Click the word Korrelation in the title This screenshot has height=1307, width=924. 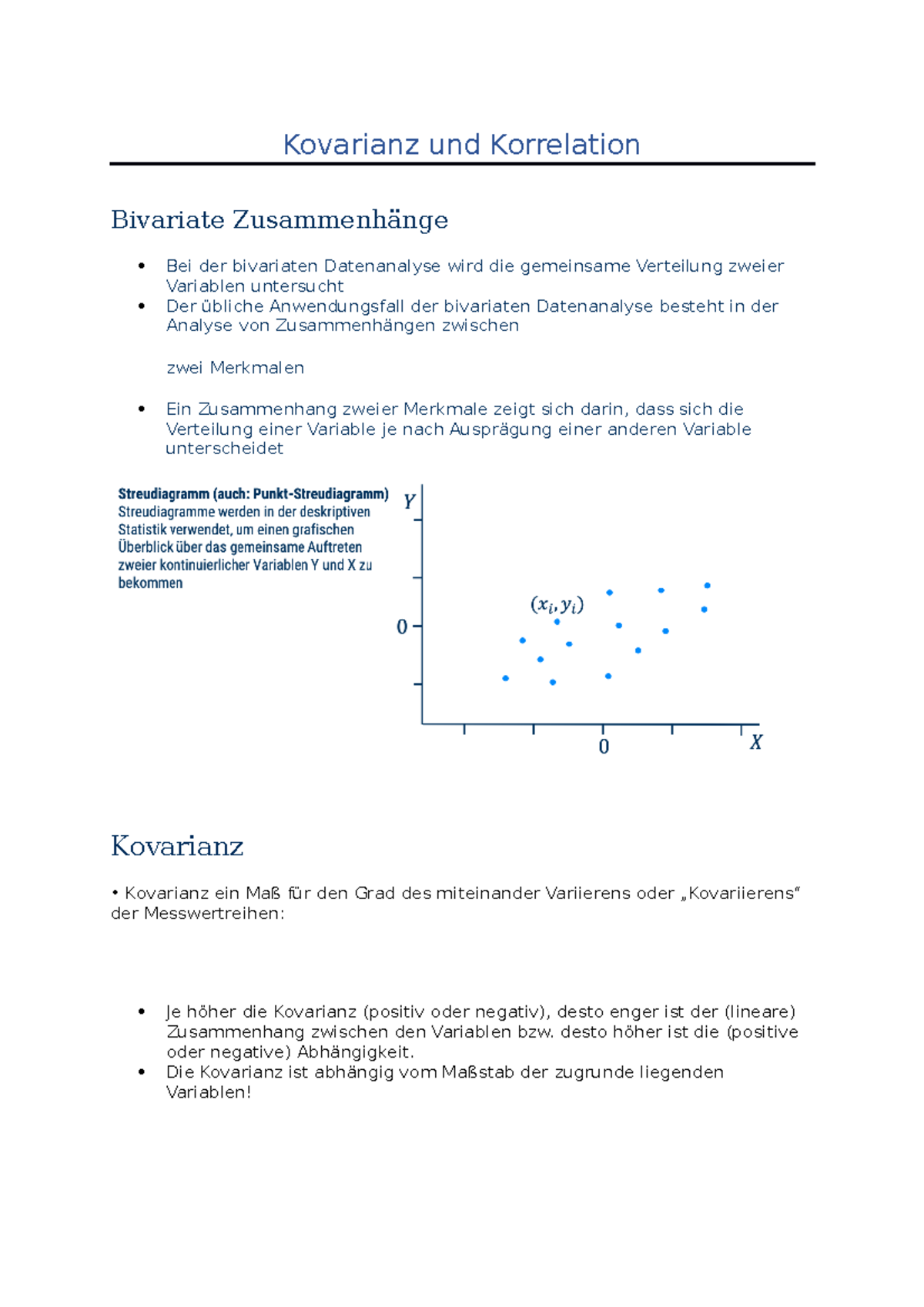(564, 145)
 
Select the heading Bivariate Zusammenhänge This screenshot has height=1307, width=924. (279, 220)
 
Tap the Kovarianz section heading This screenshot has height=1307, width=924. (177, 846)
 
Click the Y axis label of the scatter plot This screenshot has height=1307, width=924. (409, 502)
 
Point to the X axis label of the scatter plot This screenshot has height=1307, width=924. (756, 743)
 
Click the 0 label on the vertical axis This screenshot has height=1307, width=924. (402, 627)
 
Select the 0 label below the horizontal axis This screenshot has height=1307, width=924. (604, 747)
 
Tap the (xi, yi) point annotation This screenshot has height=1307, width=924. (557, 605)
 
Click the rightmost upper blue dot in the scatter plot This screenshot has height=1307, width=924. (707, 586)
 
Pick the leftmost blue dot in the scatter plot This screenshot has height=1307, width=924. (505, 678)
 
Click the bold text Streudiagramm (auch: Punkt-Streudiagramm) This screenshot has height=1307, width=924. (253, 494)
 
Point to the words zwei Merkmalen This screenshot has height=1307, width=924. (235, 368)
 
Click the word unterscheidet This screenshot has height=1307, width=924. (224, 449)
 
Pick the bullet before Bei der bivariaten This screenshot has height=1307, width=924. (141, 266)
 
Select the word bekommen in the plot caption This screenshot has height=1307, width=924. (150, 583)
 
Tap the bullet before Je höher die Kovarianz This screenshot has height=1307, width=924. (141, 1012)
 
